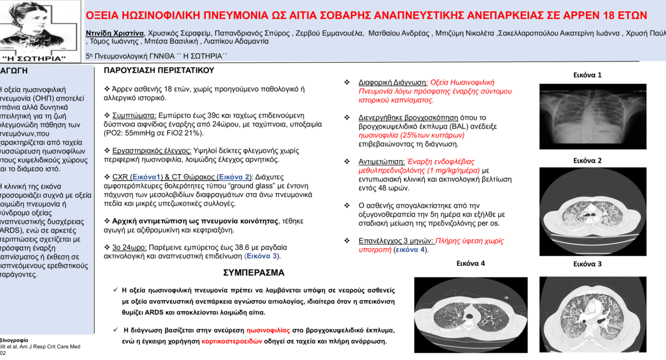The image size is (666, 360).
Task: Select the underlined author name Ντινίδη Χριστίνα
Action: [x=115, y=33]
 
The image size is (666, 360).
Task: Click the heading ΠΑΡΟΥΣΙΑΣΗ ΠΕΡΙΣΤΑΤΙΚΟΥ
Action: [x=159, y=71]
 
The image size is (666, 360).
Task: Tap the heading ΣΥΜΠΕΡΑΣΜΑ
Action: [x=254, y=273]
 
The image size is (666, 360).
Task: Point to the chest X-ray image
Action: [x=592, y=116]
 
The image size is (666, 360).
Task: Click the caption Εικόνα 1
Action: [x=587, y=75]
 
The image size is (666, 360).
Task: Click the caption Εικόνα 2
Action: [x=587, y=161]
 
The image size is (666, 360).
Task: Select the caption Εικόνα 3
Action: [x=587, y=264]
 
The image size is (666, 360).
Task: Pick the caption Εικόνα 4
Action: [x=470, y=264]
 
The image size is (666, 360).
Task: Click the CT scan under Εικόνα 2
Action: [x=592, y=212]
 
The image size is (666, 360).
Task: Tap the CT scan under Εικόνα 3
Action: [x=592, y=314]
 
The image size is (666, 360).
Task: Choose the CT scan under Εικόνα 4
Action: [x=471, y=315]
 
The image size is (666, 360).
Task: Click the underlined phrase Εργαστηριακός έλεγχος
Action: [x=151, y=151]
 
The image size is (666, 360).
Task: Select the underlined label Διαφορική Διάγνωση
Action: [x=393, y=83]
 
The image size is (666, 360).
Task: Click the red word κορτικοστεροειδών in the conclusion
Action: [x=232, y=341]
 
